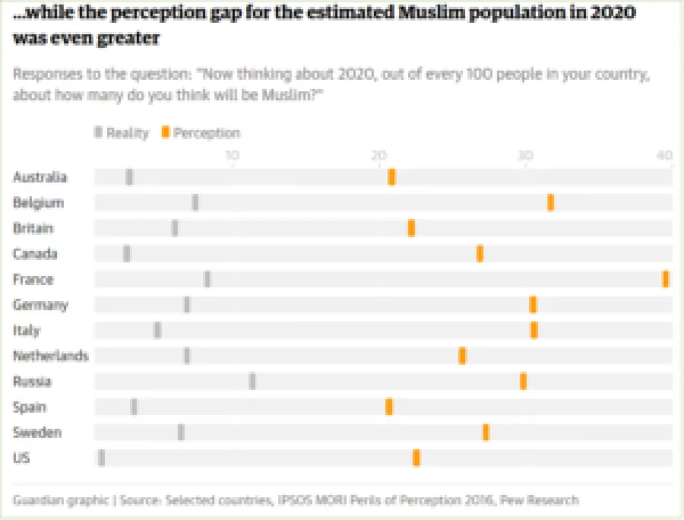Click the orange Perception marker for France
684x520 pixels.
[666, 279]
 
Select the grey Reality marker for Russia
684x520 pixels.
[252, 381]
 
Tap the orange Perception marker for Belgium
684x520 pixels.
[550, 202]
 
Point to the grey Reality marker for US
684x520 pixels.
[102, 458]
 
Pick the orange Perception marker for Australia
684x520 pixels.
[391, 177]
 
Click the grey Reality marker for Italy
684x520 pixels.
[157, 330]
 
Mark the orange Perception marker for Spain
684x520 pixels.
[389, 407]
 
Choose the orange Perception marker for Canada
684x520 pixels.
[480, 254]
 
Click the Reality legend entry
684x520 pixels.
[122, 133]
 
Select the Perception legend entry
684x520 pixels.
[201, 133]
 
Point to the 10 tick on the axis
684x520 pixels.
[232, 156]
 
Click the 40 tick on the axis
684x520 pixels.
[665, 156]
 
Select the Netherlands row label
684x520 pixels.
[50, 356]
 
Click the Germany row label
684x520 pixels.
[40, 305]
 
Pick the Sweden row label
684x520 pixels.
[37, 433]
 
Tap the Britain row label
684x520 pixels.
[33, 228]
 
